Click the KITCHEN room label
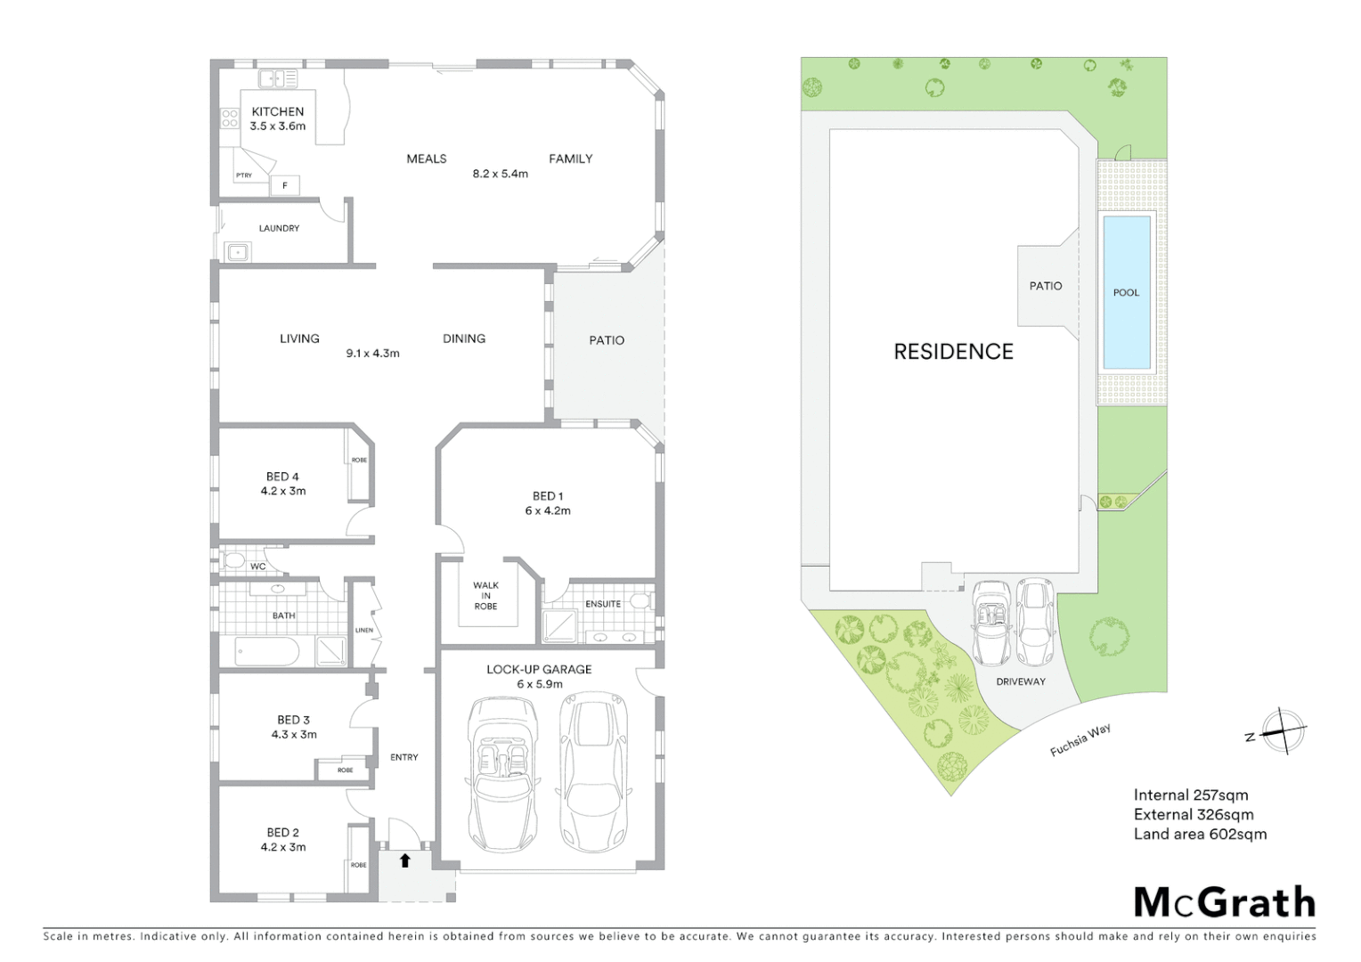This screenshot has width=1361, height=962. (x=277, y=111)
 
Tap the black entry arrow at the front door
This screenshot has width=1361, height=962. (x=405, y=860)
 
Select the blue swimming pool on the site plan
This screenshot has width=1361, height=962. (x=1126, y=292)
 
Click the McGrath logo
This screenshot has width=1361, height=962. (x=1224, y=902)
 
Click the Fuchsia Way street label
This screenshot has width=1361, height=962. (x=1080, y=740)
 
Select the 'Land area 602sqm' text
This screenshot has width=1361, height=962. (x=1200, y=834)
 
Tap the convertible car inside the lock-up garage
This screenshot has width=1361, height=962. (x=501, y=773)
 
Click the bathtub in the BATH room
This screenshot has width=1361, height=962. (x=266, y=651)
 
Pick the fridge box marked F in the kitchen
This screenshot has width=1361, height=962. (x=285, y=185)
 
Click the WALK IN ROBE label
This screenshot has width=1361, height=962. (x=485, y=595)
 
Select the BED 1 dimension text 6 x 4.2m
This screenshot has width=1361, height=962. (x=548, y=510)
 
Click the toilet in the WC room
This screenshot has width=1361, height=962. (x=233, y=560)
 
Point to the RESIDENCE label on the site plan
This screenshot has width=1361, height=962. (x=953, y=352)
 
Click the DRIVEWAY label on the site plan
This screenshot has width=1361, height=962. (x=1021, y=681)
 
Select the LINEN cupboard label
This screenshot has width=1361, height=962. (x=364, y=630)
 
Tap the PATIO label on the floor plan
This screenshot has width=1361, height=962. (x=607, y=340)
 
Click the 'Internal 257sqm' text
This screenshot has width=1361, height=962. (x=1191, y=795)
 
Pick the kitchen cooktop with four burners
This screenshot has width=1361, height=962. (x=230, y=117)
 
